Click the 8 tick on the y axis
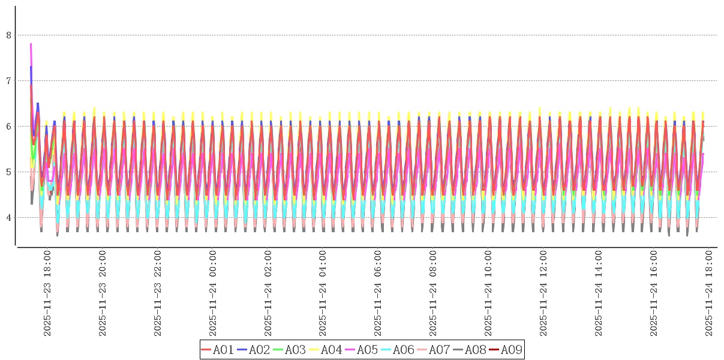pos(9,35)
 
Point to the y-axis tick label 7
pos(9,81)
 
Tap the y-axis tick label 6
pos(9,127)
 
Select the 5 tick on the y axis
pos(9,172)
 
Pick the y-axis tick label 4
pos(9,218)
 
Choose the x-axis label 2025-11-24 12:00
pos(544,293)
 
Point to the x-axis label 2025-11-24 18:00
pos(710,293)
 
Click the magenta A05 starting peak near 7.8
pos(31,44)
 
